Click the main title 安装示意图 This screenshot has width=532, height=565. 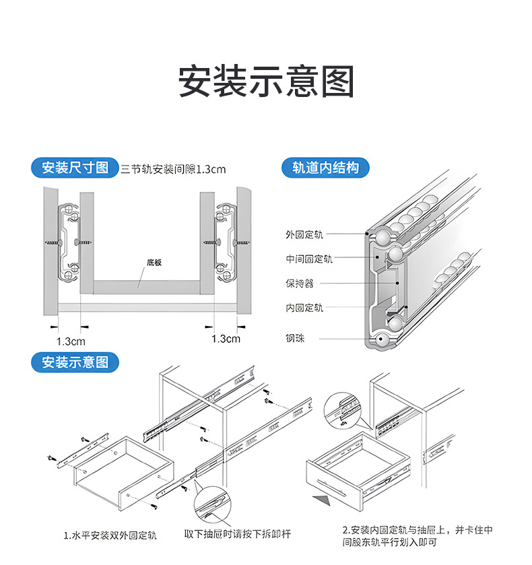266,82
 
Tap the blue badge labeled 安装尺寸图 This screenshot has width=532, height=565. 75,168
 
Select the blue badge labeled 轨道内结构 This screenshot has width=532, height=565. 325,168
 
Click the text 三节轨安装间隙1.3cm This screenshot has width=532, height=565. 173,169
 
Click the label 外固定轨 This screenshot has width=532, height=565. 304,234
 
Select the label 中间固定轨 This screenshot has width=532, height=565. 308,259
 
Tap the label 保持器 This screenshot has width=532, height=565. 299,284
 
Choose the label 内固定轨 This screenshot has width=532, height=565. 304,308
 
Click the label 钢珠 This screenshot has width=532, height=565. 295,338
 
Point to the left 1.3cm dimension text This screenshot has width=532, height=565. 70,341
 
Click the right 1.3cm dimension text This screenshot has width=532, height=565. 226,339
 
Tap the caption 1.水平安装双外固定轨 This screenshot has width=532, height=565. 110,536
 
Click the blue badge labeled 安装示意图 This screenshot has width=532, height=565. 75,362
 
